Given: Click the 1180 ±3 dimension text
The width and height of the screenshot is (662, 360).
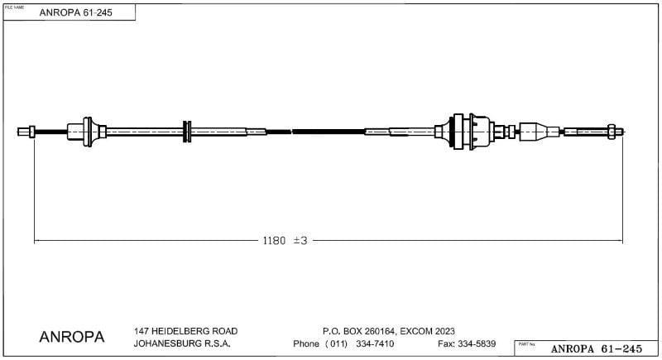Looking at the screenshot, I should coord(285,241).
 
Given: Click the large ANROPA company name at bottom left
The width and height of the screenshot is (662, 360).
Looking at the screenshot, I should coord(72,338).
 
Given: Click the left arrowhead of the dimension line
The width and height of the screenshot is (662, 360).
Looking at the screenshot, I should coord(36,241).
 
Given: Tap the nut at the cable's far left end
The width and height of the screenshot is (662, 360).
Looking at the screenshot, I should coord(31,131).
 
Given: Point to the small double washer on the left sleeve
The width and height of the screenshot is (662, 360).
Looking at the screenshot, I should coord(187,131).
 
